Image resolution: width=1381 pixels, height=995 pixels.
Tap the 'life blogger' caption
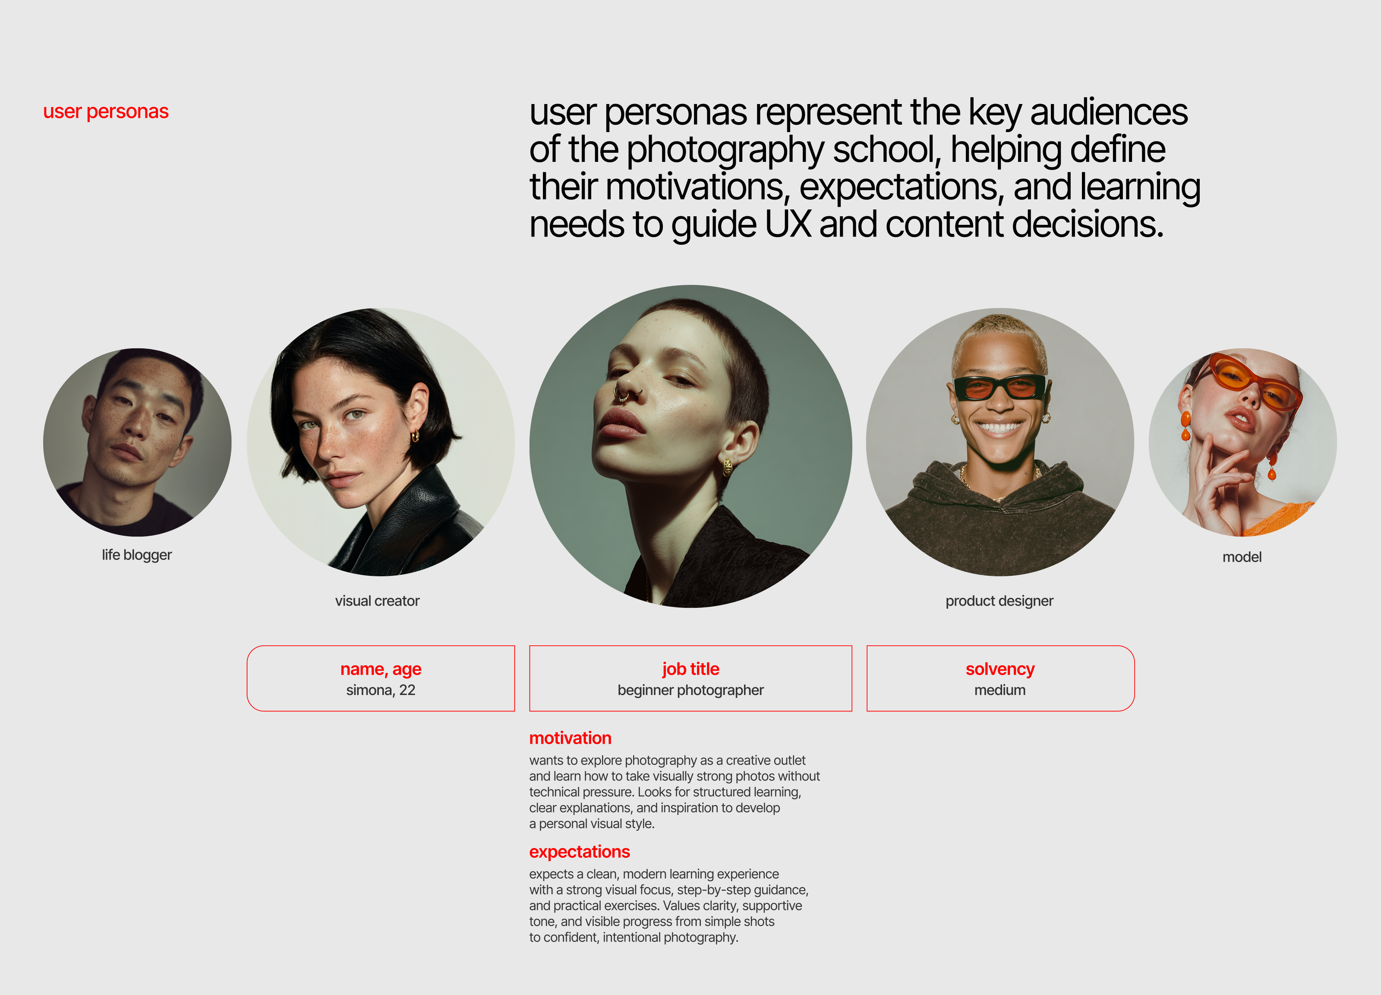click(136, 555)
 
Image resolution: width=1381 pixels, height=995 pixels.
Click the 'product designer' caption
click(999, 601)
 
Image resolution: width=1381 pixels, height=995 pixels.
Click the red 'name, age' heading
click(381, 669)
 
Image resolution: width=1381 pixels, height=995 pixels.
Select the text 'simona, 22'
click(381, 690)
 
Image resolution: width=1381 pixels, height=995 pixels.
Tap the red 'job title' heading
click(690, 669)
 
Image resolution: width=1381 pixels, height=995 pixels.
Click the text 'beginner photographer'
click(690, 690)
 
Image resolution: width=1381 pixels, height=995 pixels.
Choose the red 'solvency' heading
click(1000, 669)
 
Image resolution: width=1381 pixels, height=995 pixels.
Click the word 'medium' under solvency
click(1000, 690)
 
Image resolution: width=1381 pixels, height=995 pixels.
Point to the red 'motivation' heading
click(570, 738)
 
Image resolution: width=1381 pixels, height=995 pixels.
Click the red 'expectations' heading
click(579, 851)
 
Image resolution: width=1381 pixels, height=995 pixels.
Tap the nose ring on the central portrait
click(622, 395)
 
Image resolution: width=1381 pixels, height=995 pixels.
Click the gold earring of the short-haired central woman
click(728, 467)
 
